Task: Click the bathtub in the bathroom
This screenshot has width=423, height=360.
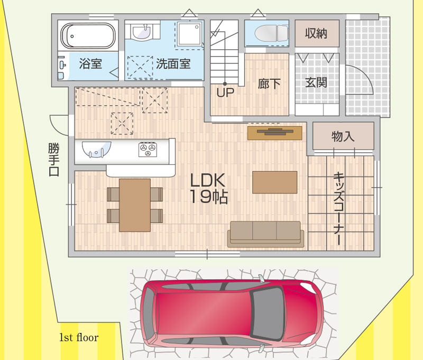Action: (88, 35)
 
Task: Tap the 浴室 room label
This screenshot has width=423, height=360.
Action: (90, 64)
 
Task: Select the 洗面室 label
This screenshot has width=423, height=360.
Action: (173, 64)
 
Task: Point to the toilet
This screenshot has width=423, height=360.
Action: (271, 33)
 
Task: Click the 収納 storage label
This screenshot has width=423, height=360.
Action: (316, 33)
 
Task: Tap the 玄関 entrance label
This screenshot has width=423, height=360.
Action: (316, 82)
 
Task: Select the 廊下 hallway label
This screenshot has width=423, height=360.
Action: (269, 84)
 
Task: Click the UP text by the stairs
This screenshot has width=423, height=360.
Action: (225, 93)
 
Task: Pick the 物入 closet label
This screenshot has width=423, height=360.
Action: (343, 136)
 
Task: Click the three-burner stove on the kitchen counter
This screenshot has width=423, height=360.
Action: (148, 149)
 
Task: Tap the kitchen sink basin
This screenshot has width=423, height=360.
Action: (96, 150)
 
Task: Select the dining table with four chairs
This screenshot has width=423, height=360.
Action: (135, 205)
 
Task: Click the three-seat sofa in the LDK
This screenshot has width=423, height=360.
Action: (266, 234)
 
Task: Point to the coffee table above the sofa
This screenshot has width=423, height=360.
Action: (274, 182)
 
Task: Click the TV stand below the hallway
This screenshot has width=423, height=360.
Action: (274, 133)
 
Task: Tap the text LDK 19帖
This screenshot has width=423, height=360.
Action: (208, 189)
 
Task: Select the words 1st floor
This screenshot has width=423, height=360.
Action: (79, 337)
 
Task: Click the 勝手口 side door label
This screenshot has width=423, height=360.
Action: (54, 159)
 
